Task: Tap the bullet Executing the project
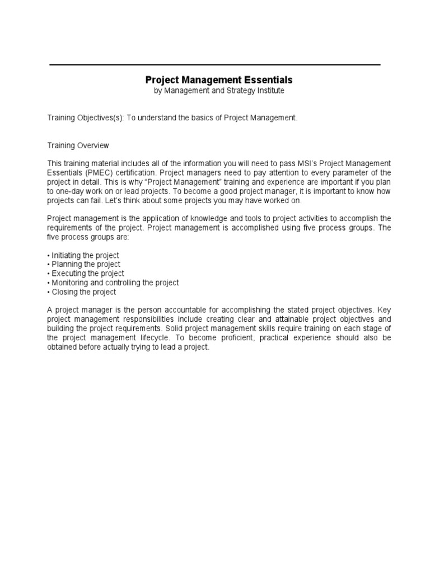pos(85,274)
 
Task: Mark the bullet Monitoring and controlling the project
pos(113,283)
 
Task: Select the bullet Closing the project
pos(82,292)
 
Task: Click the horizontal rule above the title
pos(215,65)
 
